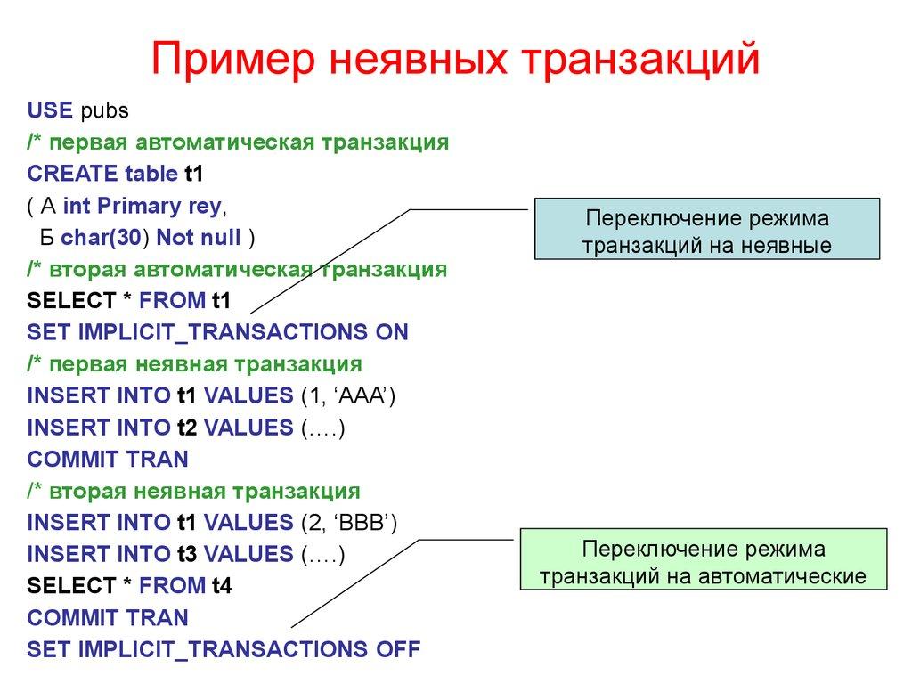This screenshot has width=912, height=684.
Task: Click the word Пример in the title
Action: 232,60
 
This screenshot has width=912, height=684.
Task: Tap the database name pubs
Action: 104,111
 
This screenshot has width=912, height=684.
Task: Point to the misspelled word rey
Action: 204,207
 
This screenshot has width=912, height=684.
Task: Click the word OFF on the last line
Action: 397,649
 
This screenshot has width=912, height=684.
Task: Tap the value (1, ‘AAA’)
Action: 346,396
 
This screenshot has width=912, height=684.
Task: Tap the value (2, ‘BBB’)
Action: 347,523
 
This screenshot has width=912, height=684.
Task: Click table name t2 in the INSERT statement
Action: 186,428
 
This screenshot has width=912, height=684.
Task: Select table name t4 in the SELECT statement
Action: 222,586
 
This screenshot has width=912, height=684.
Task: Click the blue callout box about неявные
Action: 706,230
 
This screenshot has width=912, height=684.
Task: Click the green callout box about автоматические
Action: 704,559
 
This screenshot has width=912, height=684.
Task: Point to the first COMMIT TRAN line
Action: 108,460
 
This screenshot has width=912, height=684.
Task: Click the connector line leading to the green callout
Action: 356,583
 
